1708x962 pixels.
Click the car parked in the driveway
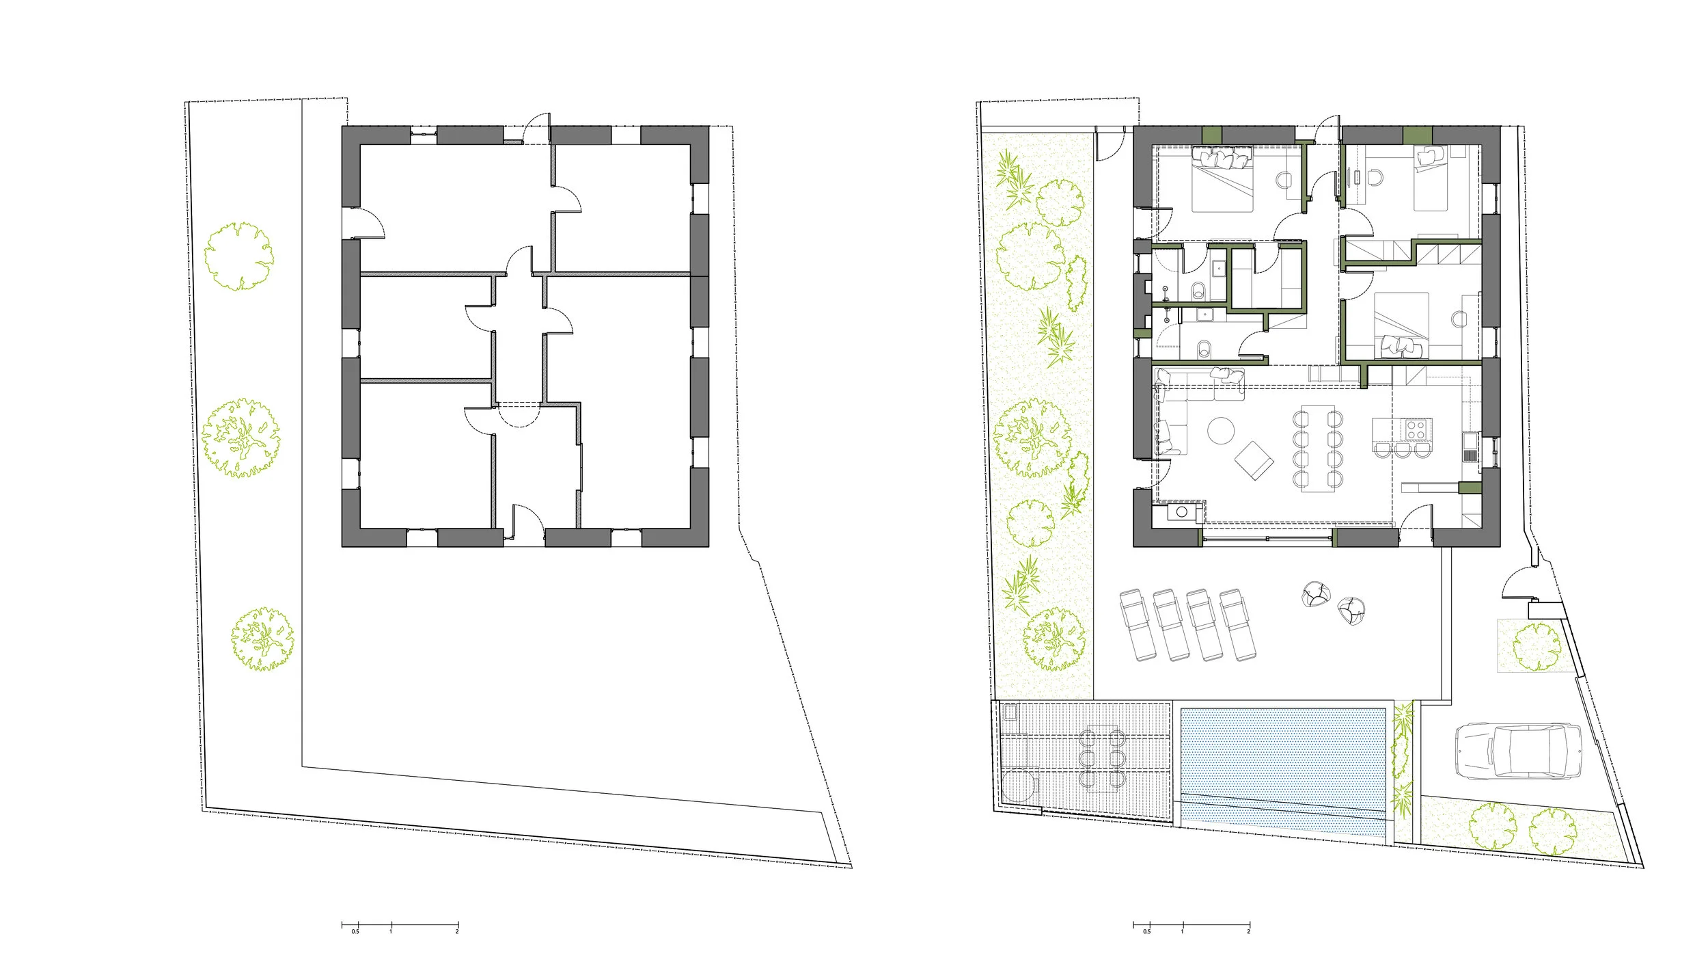pyautogui.click(x=1518, y=751)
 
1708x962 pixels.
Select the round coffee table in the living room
pyautogui.click(x=1221, y=431)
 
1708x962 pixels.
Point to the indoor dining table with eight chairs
pyautogui.click(x=1317, y=449)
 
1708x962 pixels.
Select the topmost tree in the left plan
pyautogui.click(x=239, y=256)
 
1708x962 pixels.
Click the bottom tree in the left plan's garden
pyautogui.click(x=263, y=639)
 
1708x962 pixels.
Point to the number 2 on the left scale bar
pyautogui.click(x=457, y=931)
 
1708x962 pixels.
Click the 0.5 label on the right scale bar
pyautogui.click(x=1146, y=931)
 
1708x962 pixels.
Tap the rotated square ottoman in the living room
pyautogui.click(x=1254, y=460)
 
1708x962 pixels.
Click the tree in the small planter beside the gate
pyautogui.click(x=1537, y=646)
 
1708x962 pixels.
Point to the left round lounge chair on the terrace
pyautogui.click(x=1316, y=594)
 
